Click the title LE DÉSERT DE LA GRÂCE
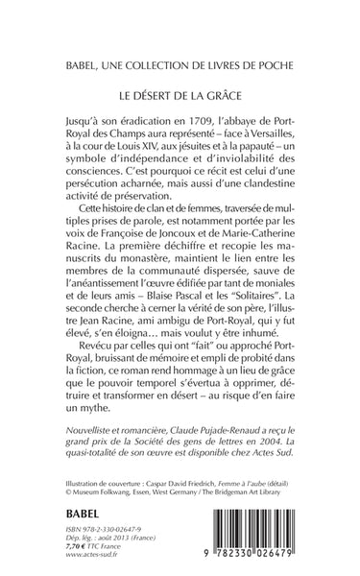[180, 97]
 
